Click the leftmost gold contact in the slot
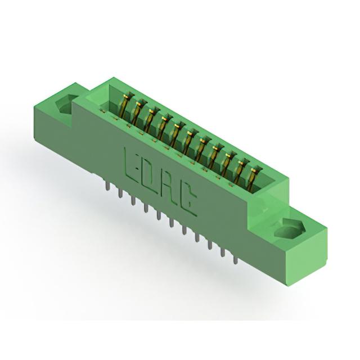click(126, 106)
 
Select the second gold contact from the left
click(138, 113)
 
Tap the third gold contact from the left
click(151, 120)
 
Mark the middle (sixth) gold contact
click(190, 142)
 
